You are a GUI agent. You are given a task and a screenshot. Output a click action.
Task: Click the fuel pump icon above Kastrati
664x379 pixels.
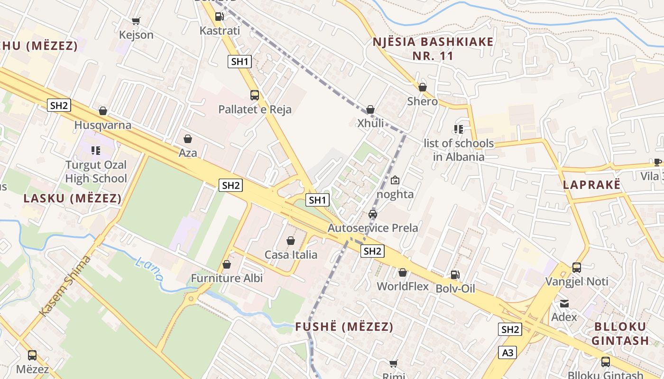(219, 17)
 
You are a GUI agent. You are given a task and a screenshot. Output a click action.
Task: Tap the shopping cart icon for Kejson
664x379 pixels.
(136, 21)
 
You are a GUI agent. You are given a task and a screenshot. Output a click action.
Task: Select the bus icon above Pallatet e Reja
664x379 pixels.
(255, 95)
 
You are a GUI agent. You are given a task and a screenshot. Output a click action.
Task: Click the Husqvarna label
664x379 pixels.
(103, 126)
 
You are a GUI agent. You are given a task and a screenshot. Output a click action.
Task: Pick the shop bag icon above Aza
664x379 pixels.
(188, 139)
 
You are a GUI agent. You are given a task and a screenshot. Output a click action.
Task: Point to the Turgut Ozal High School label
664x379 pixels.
(96, 172)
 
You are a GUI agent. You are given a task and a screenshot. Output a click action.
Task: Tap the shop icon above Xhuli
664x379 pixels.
(370, 109)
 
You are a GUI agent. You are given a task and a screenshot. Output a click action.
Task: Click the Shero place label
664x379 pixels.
(423, 101)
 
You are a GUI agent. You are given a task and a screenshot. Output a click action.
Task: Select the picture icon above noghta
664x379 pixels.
(395, 180)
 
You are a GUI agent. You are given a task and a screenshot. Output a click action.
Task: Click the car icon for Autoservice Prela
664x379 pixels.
(373, 214)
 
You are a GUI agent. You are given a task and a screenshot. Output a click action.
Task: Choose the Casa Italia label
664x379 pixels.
(291, 255)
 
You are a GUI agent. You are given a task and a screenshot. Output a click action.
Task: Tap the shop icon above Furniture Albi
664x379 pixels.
(227, 264)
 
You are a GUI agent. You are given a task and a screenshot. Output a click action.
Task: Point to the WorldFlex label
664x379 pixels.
(403, 287)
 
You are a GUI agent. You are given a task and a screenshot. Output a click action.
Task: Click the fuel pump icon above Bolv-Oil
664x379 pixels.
(455, 274)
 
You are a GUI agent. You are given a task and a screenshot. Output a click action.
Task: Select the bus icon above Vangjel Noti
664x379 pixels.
(577, 268)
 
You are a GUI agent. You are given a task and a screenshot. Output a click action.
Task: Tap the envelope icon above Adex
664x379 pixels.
(564, 303)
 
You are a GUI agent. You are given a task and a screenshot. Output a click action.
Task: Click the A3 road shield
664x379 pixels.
(507, 352)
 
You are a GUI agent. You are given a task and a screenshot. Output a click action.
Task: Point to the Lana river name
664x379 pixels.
(149, 269)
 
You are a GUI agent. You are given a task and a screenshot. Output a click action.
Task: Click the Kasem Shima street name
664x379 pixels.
(65, 286)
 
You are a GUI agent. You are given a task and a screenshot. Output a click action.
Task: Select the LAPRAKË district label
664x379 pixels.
(591, 185)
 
